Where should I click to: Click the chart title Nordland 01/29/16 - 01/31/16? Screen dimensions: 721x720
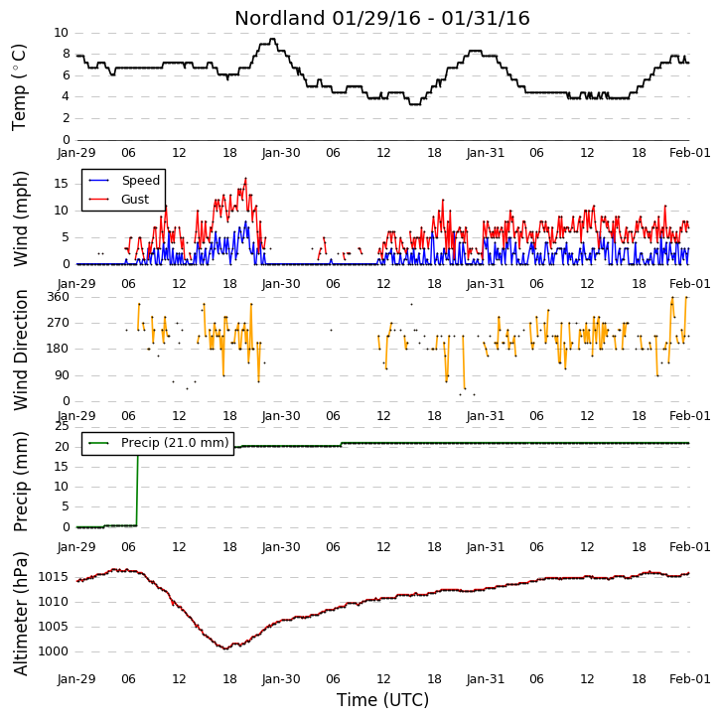382,19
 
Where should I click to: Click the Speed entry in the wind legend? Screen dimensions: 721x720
141,180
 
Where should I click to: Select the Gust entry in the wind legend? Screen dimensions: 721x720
135,199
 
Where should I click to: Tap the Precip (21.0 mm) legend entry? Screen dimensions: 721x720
175,443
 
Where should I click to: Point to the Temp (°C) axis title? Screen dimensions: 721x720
19,87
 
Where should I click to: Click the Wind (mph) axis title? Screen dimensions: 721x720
20,218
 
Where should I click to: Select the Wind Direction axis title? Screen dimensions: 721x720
20,350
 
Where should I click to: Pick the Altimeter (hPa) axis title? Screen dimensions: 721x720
20,614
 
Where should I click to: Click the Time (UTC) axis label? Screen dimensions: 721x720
382,700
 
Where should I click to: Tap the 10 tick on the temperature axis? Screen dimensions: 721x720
62,33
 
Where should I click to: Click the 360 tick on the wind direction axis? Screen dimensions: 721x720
59,297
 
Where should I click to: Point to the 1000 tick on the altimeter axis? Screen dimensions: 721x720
53,651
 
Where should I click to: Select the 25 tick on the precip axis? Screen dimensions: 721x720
62,426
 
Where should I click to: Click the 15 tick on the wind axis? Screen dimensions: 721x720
62,184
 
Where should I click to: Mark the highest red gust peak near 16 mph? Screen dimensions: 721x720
245,179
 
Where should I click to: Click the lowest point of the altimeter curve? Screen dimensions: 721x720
225,648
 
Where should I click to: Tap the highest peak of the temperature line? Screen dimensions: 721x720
273,39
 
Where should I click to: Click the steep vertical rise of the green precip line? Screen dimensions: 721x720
137,491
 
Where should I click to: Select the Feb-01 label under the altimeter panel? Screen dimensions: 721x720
690,679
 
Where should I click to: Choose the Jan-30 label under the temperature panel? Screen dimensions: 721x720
281,153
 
